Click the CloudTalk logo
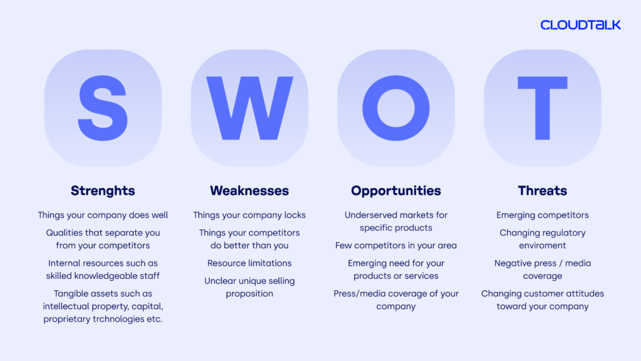pyautogui.click(x=580, y=25)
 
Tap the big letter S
pyautogui.click(x=103, y=108)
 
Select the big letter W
pyautogui.click(x=249, y=108)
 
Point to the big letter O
pyautogui.click(x=396, y=108)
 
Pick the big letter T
pyautogui.click(x=543, y=108)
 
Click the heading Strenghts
pyautogui.click(x=103, y=191)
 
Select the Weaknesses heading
pyautogui.click(x=249, y=191)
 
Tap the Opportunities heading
pyautogui.click(x=396, y=191)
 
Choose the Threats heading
pyautogui.click(x=543, y=191)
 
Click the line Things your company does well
pyautogui.click(x=103, y=216)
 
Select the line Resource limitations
pyautogui.click(x=249, y=263)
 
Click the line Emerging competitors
pyautogui.click(x=543, y=216)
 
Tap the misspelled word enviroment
pyautogui.click(x=543, y=246)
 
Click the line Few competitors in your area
pyautogui.click(x=396, y=246)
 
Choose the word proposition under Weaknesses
pyautogui.click(x=249, y=294)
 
